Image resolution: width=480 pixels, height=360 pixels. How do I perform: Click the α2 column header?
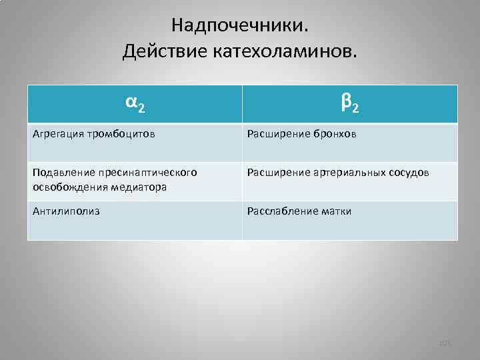135,103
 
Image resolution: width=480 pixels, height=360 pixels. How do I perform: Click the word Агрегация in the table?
57,134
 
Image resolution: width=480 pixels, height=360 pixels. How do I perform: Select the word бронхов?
335,134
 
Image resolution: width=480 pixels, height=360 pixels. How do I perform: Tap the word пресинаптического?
145,173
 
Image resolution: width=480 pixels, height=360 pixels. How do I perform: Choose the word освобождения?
65,187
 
